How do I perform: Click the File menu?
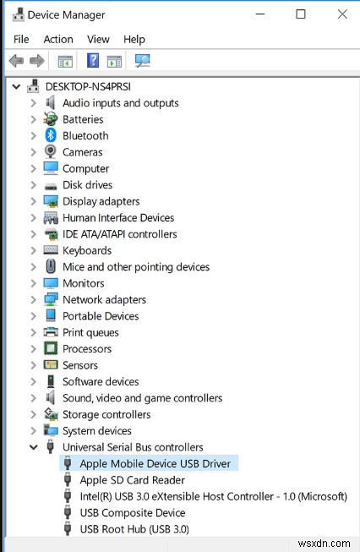click(21, 39)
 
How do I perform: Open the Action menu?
click(58, 39)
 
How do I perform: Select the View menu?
click(98, 39)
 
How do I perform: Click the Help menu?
click(134, 39)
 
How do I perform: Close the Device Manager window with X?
click(342, 14)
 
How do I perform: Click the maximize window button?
click(301, 14)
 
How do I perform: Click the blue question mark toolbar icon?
click(93, 61)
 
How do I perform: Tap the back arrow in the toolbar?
click(16, 61)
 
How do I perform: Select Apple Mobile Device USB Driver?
click(155, 463)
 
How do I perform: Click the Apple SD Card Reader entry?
click(133, 480)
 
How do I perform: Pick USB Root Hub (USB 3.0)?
click(134, 529)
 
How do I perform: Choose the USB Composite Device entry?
click(133, 512)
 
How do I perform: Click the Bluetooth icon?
click(51, 135)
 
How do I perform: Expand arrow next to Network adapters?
click(34, 299)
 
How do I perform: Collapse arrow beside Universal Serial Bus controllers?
click(34, 447)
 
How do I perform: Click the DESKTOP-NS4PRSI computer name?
click(88, 86)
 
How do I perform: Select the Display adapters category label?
click(101, 201)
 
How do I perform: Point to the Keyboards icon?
click(51, 250)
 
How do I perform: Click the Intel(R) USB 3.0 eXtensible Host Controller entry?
click(213, 496)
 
